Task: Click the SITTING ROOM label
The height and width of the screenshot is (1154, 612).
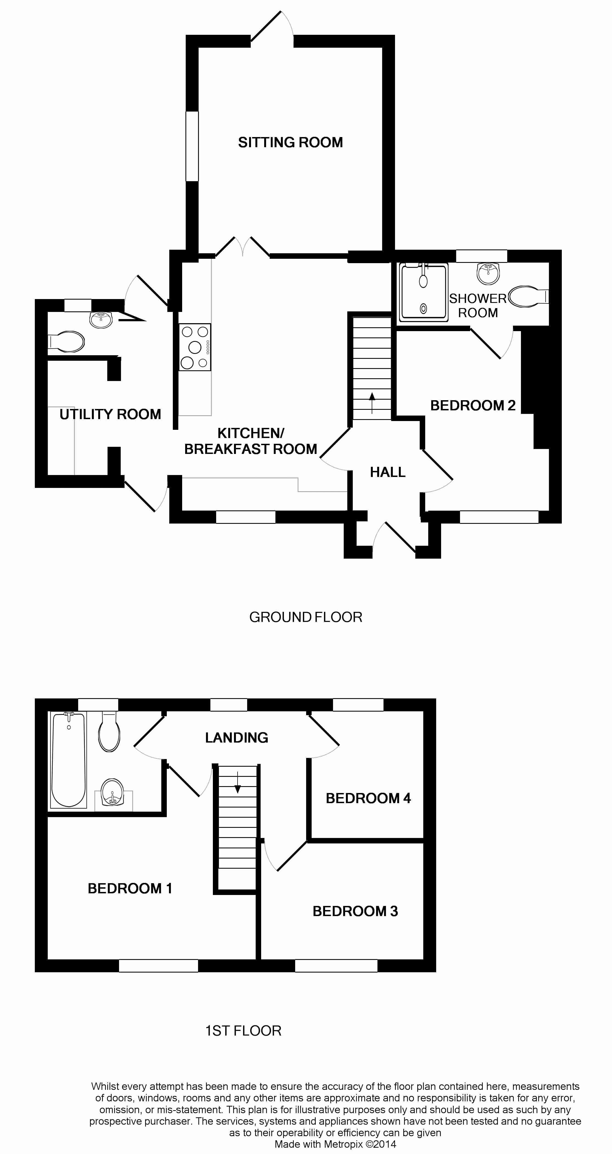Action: tap(290, 143)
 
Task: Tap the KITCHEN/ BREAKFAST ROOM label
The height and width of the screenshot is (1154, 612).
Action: tap(251, 441)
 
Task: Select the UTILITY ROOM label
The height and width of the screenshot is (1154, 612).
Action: tap(110, 414)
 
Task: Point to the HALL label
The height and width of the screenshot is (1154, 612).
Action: tap(387, 472)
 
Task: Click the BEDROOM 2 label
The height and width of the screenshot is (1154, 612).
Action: tap(473, 405)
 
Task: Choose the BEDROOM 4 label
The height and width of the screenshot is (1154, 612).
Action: tap(368, 798)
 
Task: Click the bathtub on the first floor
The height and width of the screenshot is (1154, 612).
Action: tap(69, 759)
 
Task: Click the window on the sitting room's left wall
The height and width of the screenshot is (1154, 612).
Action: tap(192, 146)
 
